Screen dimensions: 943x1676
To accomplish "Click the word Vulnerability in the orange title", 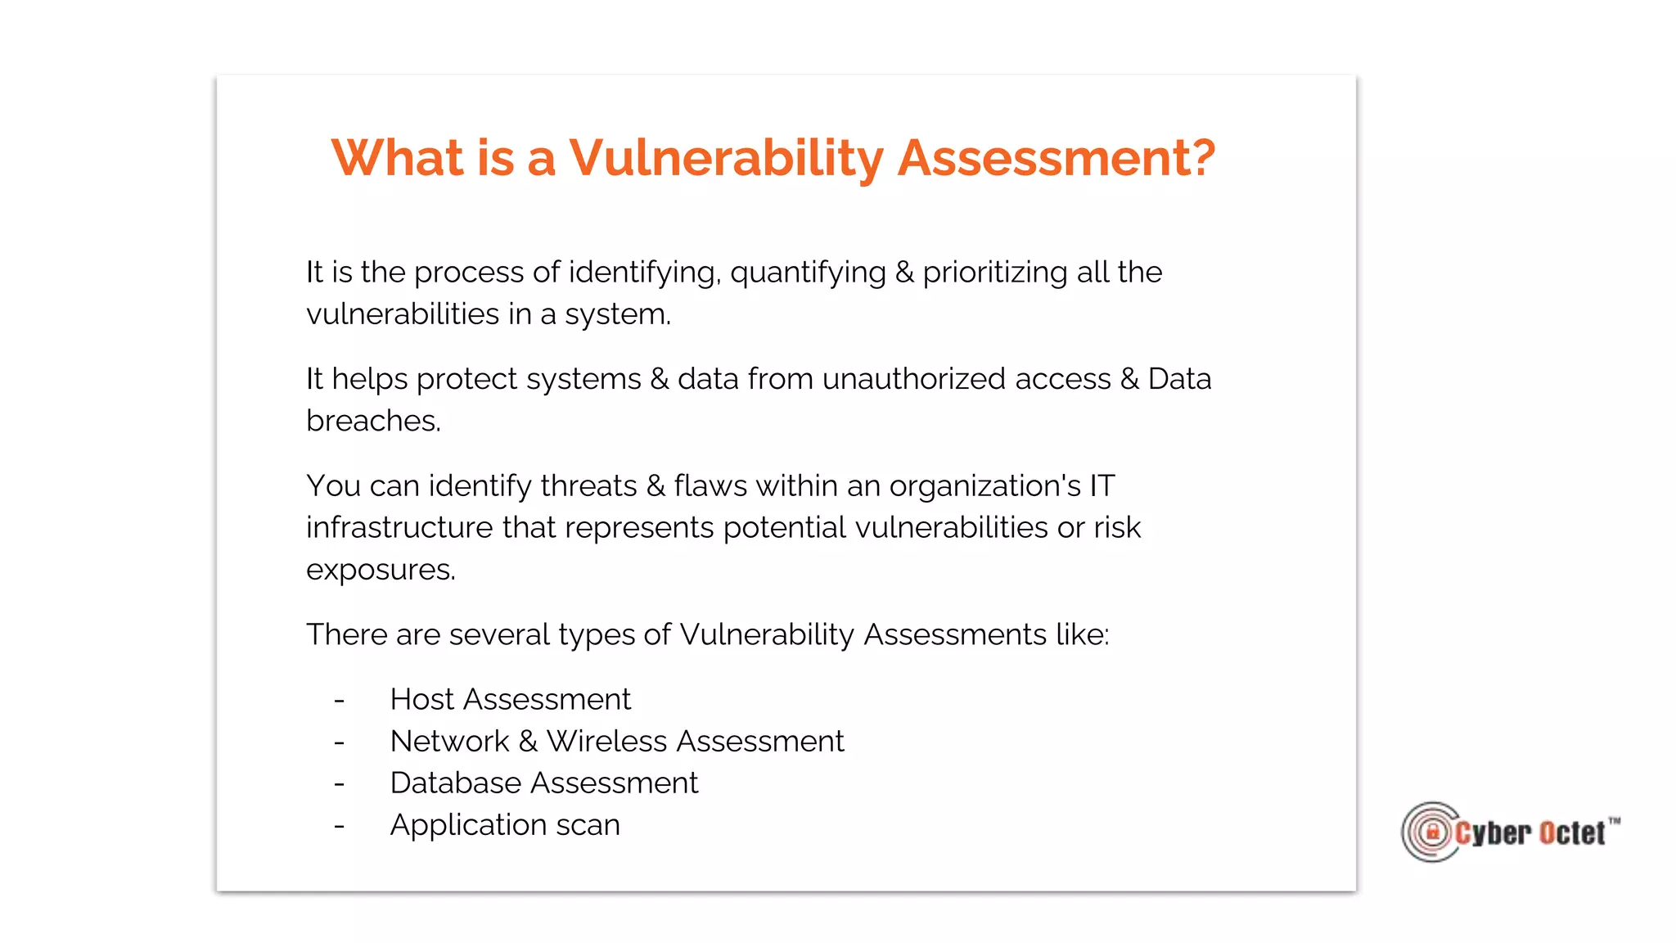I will (726, 157).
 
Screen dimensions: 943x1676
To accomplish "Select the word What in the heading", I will (397, 157).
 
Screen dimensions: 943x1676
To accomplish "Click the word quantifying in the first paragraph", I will (808, 273).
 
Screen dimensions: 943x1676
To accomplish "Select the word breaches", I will (372, 421).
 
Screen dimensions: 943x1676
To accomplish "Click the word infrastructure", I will (399, 528).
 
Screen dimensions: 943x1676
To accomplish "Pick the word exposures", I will (380, 571).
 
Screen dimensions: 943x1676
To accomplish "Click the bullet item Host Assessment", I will (510, 700).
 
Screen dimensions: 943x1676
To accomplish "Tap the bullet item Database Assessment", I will (543, 783).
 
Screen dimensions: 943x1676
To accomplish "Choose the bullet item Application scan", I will (504, 825).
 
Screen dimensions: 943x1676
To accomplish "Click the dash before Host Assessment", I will (339, 701).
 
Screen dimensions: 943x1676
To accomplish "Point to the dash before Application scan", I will (339, 826).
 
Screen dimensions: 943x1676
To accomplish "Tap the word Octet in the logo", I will (1571, 833).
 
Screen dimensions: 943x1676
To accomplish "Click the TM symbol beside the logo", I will (1614, 820).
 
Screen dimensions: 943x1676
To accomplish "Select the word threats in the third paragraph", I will (588, 486).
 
